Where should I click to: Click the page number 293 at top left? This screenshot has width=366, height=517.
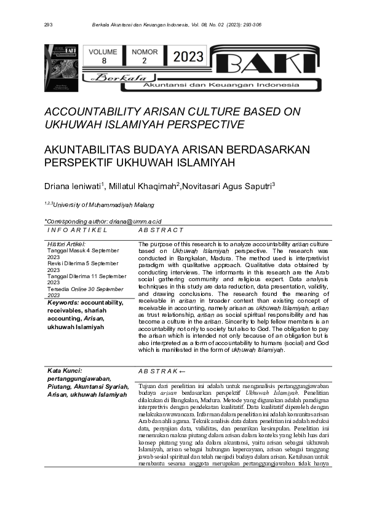pyautogui.click(x=49, y=25)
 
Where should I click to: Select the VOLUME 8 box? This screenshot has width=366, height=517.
pyautogui.click(x=104, y=56)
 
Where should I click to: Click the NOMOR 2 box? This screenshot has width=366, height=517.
pyautogui.click(x=145, y=56)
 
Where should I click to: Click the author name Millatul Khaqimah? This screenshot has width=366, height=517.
pyautogui.click(x=144, y=186)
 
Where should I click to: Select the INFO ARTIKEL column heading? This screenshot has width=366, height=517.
pyautogui.click(x=78, y=230)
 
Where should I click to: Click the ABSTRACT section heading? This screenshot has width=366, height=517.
pyautogui.click(x=161, y=230)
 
